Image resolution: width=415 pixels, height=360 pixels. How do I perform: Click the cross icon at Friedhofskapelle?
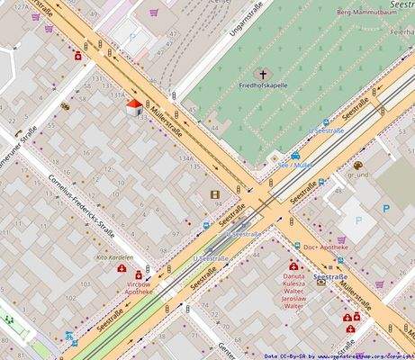[x=265, y=74]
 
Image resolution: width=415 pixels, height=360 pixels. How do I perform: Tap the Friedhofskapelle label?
[x=264, y=85]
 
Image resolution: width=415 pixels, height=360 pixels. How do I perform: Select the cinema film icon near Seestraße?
[x=214, y=193]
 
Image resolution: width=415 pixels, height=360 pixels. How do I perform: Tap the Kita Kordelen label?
[x=114, y=256]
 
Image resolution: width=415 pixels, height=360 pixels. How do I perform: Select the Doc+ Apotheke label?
[x=325, y=247]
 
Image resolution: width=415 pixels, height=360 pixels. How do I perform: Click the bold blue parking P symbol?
[x=386, y=208]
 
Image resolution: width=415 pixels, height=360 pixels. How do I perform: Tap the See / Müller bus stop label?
[x=294, y=166]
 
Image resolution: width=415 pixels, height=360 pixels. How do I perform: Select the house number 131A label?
[x=117, y=94]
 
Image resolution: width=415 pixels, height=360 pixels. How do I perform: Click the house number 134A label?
[x=186, y=158]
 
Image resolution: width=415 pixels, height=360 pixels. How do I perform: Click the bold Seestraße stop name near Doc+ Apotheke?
[x=329, y=276]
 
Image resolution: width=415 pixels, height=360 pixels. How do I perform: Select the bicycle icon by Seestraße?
[x=70, y=338]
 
